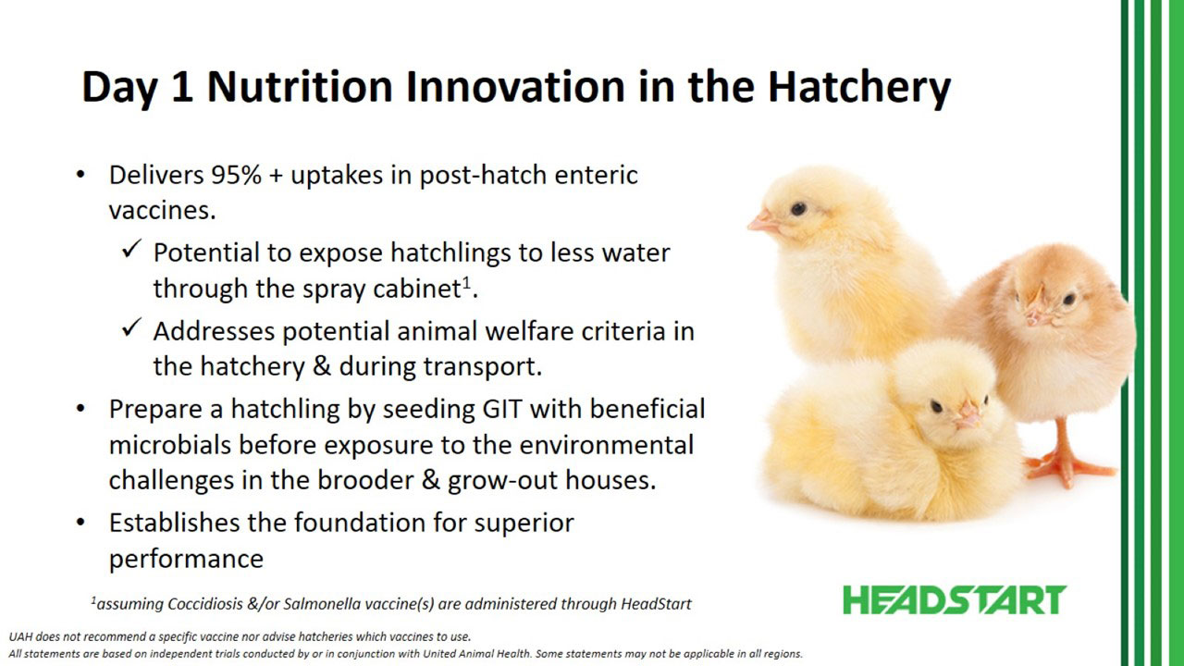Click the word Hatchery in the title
859,87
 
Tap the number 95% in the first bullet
236,175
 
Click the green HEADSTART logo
955,600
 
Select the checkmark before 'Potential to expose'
131,249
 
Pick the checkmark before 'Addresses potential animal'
131,327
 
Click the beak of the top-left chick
764,221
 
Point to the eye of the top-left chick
798,209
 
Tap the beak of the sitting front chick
968,414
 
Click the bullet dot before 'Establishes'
80,523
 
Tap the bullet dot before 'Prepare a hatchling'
80,409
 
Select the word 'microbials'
170,445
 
